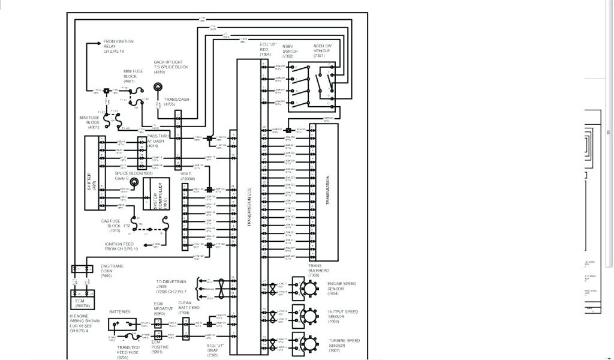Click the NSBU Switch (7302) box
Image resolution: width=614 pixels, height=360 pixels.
coord(302,85)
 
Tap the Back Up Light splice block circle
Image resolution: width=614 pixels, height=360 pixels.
coord(159,88)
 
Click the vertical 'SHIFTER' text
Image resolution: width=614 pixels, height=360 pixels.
coord(89,173)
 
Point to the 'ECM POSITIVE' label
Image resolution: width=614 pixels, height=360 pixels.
coord(159,345)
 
